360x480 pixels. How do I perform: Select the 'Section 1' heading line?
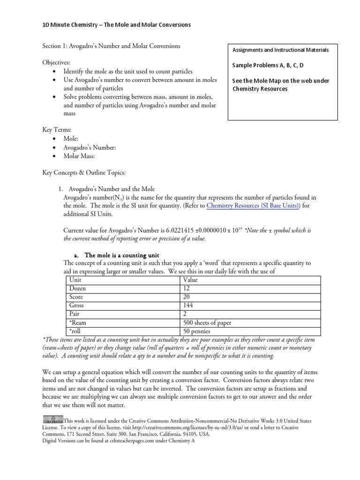111,46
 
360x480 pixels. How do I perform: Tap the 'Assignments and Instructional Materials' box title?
281,50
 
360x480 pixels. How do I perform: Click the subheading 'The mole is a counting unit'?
123,255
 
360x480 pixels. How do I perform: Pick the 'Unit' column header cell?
75,280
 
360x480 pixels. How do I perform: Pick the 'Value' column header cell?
191,280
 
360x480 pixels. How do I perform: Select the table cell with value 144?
188,306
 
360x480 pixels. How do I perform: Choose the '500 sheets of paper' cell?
207,323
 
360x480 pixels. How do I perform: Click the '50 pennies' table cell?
197,331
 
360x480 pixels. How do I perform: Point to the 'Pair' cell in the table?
75,314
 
